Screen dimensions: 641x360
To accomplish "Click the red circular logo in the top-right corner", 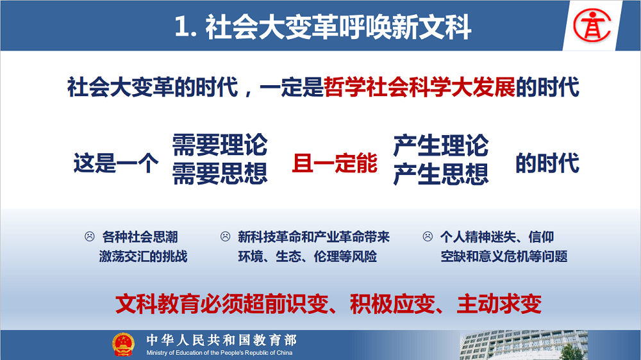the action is point(592,26).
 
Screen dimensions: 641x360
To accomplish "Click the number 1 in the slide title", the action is point(182,27).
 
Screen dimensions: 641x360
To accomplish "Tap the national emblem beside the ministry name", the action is point(123,345).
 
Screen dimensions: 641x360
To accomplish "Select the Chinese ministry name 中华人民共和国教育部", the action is point(222,340).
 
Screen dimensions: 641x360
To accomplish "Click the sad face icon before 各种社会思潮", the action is point(90,236).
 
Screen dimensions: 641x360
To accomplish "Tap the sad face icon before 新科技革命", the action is point(225,236).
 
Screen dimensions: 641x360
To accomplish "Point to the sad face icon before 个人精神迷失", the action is point(428,236).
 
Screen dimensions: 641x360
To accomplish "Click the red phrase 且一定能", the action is point(335,163).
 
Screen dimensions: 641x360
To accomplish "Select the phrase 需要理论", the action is point(219,145).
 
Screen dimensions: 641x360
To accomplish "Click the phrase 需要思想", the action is point(219,174).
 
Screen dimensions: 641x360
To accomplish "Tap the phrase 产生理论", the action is point(441,145).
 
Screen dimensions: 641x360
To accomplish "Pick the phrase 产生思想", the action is point(441,174).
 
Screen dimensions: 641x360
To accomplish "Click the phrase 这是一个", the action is point(115,163).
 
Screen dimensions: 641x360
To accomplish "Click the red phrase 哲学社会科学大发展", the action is point(419,87).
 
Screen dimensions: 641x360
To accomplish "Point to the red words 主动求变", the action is point(499,304).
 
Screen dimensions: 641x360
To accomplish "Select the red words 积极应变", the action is point(392,304).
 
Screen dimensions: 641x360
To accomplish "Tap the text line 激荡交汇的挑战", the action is point(143,256).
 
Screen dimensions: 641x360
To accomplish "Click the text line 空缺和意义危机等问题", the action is point(504,256).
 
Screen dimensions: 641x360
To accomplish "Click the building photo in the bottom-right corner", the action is point(524,345).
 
